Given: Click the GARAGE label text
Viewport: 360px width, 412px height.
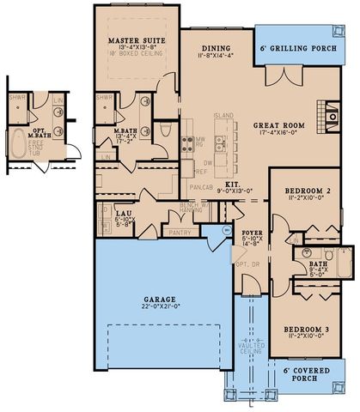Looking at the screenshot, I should [x=160, y=300].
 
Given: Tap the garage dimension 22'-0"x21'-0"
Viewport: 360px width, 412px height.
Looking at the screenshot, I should [x=160, y=306].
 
